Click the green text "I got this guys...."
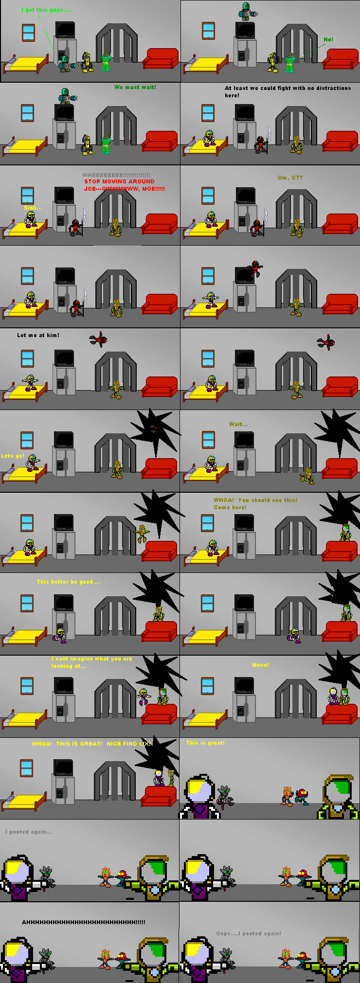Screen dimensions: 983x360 tap(46, 10)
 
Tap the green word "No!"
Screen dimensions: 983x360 tap(328, 39)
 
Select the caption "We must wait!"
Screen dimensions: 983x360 tap(135, 88)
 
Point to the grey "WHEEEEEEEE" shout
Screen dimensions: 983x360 tap(116, 175)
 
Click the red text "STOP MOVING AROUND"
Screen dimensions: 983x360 tap(119, 181)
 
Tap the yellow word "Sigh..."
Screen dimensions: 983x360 tap(33, 208)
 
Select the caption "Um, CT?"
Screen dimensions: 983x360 tap(290, 178)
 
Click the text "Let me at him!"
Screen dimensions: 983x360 tap(38, 335)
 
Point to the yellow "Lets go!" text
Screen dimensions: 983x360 tap(13, 456)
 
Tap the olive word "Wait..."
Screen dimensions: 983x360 tap(238, 424)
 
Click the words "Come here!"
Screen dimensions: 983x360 tap(230, 507)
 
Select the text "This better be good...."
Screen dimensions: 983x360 tap(69, 582)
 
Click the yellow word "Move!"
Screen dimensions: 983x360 tap(260, 665)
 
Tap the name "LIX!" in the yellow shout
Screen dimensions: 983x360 tap(145, 744)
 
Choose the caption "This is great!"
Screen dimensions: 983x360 tap(205, 743)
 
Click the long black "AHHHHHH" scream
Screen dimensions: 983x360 tap(83, 922)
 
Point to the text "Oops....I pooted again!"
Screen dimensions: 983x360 tap(249, 933)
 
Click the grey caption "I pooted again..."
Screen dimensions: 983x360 tap(29, 832)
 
